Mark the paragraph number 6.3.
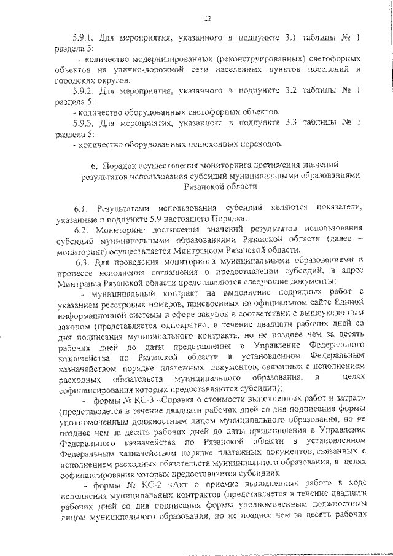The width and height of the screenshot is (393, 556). pyautogui.click(x=82, y=260)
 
